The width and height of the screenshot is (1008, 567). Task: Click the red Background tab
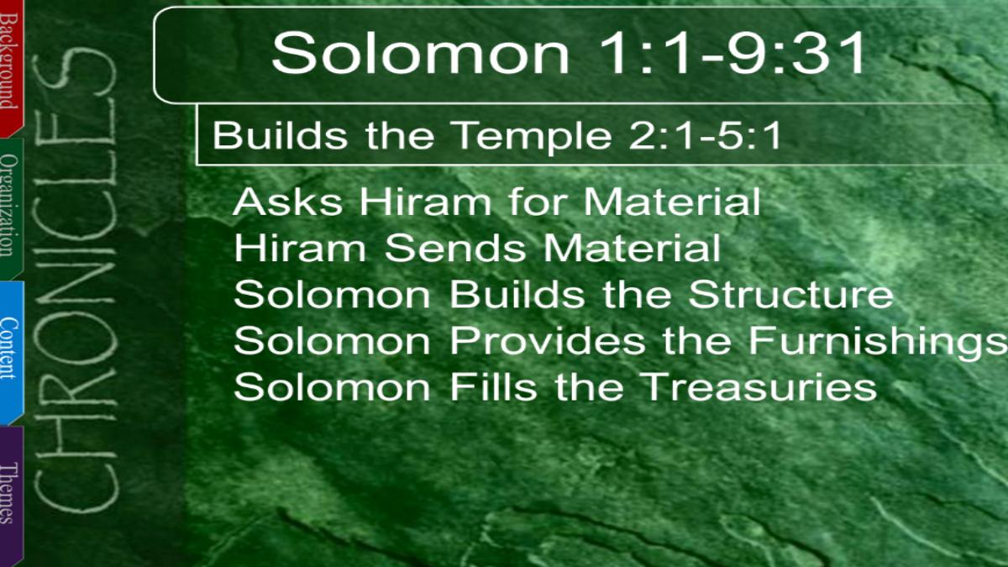[x=11, y=67]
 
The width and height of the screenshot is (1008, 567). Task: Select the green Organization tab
[x=11, y=208]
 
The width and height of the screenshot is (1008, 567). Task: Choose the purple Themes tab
[x=11, y=495]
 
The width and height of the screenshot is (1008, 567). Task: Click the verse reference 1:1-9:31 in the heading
[x=732, y=53]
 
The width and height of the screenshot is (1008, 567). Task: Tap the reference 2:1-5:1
[x=705, y=135]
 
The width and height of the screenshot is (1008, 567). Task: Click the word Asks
[x=287, y=202]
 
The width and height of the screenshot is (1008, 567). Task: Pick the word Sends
[x=455, y=248]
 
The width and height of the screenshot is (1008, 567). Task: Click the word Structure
[x=790, y=294]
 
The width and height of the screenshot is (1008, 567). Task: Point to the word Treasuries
[x=759, y=387]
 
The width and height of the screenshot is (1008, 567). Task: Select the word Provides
[x=548, y=341]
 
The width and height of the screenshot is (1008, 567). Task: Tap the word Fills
[x=494, y=386]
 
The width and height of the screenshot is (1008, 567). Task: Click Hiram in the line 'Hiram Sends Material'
[x=300, y=248]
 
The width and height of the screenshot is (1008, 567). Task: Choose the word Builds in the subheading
[x=280, y=135]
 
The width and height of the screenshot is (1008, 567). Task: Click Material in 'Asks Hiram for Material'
[x=672, y=202]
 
